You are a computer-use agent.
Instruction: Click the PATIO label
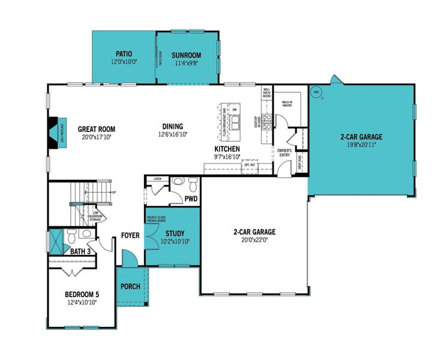tap(124, 53)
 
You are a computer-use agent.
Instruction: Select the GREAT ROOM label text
tap(96, 129)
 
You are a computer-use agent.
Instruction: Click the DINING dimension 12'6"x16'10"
tap(172, 136)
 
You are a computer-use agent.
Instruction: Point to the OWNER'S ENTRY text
tap(284, 152)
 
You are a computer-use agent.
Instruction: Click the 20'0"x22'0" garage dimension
tap(254, 240)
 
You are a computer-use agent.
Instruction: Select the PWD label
tap(191, 198)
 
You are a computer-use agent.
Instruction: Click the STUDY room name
tap(175, 233)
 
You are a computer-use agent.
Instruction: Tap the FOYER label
tap(130, 235)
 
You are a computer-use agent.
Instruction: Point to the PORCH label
tap(130, 286)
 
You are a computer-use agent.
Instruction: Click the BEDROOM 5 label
tap(82, 295)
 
